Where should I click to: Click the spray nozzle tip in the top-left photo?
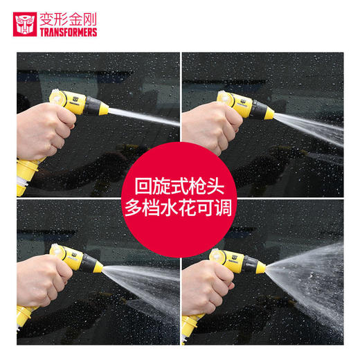tap(105, 111)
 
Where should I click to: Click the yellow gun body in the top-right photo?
tap(242, 104)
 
